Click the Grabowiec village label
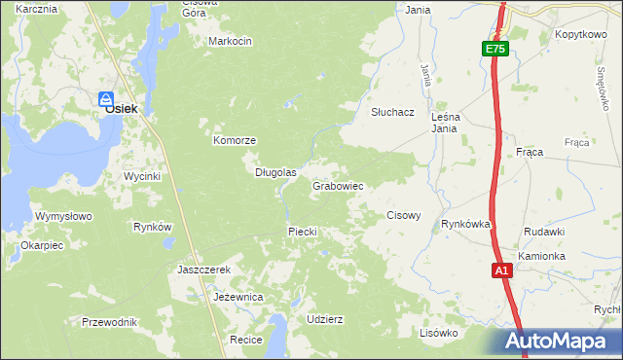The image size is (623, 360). click(x=338, y=185)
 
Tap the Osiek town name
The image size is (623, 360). click(x=115, y=110)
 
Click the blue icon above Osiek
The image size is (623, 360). click(x=107, y=97)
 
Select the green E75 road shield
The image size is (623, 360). click(x=495, y=49)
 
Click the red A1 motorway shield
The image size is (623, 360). click(x=501, y=271)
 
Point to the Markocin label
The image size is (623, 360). click(x=231, y=41)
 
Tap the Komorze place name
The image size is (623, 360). click(x=235, y=140)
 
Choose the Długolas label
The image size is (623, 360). click(x=275, y=172)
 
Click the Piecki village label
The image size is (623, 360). click(x=303, y=231)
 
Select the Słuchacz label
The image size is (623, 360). click(x=392, y=112)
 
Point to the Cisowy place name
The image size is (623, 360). click(x=404, y=215)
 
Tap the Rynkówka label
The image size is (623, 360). click(x=465, y=224)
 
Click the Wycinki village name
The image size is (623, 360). click(x=141, y=176)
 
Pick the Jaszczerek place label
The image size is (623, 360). click(x=203, y=269)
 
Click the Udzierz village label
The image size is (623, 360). click(x=324, y=318)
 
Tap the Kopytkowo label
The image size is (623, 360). click(x=580, y=34)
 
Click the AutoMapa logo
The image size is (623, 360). click(x=558, y=342)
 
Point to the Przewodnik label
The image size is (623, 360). click(x=110, y=322)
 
